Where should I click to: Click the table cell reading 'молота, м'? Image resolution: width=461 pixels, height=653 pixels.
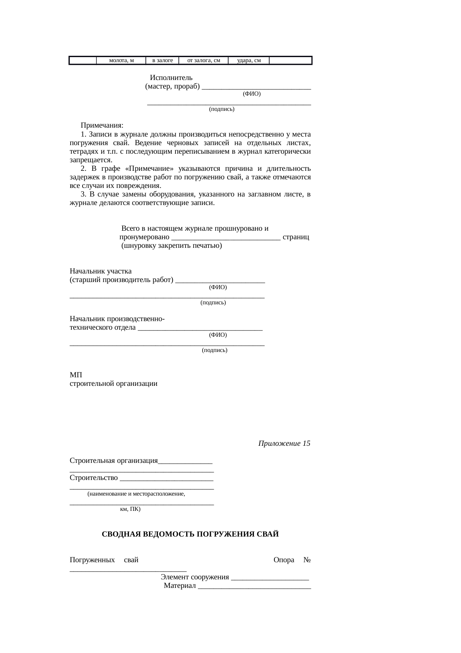(121, 60)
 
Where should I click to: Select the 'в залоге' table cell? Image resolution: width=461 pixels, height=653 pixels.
(162, 60)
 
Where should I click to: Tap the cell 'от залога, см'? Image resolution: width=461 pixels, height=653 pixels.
(203, 60)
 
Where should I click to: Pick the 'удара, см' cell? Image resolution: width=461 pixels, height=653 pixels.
(249, 60)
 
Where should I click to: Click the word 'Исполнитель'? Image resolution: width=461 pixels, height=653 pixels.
(171, 78)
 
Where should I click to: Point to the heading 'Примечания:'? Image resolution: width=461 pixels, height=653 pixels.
(102, 125)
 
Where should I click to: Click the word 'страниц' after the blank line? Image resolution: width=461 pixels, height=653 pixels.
(296, 237)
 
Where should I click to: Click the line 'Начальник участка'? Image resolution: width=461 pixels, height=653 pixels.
(100, 271)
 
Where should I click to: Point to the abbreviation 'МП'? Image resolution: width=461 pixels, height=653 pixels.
(76, 375)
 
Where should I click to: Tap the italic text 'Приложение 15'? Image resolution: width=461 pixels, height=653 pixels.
(284, 444)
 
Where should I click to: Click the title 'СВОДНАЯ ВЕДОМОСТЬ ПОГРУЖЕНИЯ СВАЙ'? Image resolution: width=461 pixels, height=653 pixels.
(190, 534)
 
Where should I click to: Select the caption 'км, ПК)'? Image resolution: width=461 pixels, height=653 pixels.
(130, 509)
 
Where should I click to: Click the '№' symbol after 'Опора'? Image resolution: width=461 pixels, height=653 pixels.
(307, 560)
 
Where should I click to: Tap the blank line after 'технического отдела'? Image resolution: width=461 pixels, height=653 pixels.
(200, 329)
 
